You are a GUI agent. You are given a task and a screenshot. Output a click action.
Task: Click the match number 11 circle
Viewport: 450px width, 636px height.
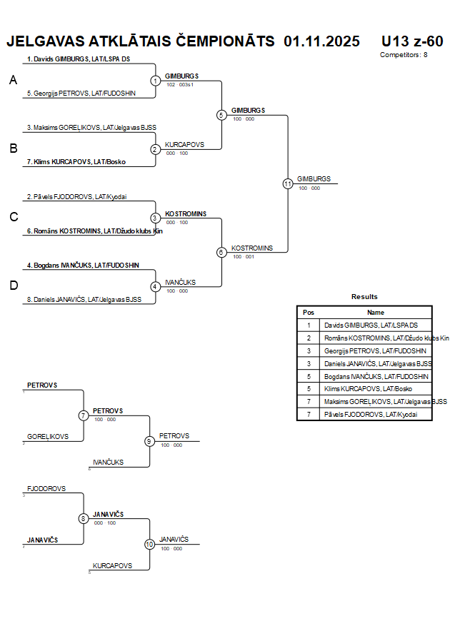tap(288, 183)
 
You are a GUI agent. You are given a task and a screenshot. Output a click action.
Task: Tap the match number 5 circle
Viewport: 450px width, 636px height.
tap(221, 115)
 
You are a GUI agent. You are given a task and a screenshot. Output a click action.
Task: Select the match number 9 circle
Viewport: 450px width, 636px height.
tap(150, 441)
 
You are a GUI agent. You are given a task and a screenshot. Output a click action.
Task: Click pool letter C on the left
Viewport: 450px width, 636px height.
tap(13, 217)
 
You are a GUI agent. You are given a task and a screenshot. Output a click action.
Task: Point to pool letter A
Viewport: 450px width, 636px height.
tap(13, 81)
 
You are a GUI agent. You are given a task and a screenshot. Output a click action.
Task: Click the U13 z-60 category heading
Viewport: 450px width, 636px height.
tap(412, 41)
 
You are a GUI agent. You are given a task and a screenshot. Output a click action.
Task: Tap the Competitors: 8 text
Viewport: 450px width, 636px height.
tap(404, 55)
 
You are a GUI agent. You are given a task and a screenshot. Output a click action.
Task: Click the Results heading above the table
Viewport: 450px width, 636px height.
tap(364, 297)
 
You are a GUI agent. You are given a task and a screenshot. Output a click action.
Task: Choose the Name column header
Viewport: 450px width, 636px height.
tap(376, 312)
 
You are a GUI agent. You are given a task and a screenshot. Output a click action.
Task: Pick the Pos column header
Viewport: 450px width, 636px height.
tap(309, 312)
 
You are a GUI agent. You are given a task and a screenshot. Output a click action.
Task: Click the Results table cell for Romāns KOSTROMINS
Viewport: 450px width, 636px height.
tap(376, 338)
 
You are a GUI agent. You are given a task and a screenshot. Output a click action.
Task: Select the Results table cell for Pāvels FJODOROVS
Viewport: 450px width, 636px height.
tap(376, 414)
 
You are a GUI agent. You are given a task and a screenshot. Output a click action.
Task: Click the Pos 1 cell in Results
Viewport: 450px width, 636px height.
tap(309, 325)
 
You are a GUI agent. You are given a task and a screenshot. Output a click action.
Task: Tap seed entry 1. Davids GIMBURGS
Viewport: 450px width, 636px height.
tap(78, 59)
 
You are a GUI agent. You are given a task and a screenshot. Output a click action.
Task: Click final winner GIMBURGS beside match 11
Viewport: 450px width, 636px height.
tap(314, 178)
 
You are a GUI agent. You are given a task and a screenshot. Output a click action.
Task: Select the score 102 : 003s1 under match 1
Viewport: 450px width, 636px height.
tap(180, 84)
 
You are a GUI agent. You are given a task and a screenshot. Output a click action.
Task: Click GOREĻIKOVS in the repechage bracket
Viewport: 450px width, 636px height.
tap(48, 436)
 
